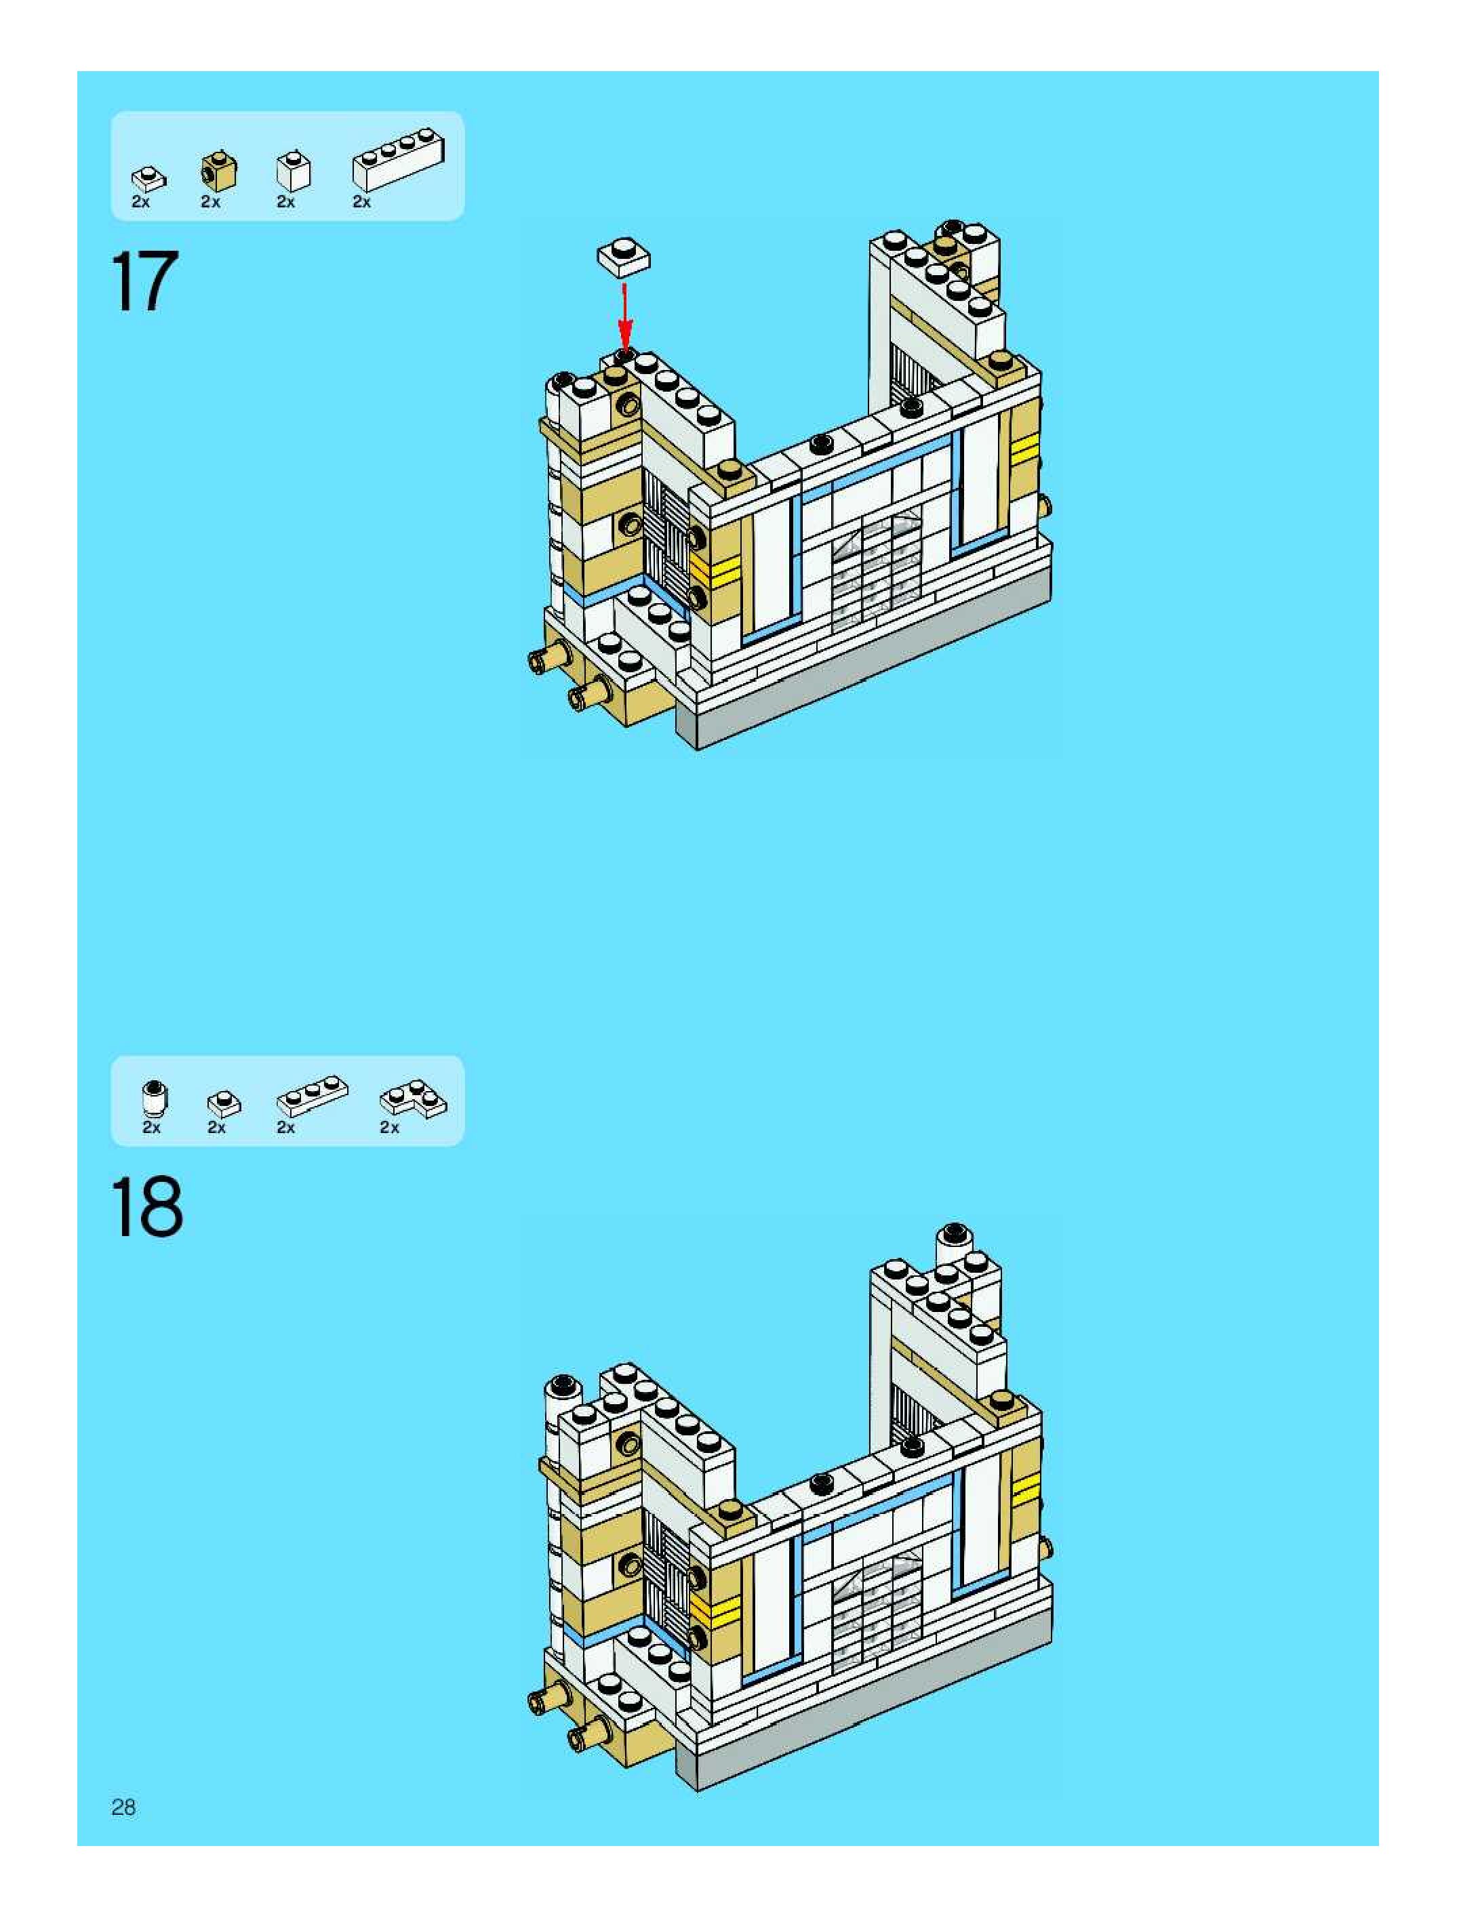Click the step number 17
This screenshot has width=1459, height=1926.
[144, 281]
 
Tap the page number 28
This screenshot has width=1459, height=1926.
[123, 1807]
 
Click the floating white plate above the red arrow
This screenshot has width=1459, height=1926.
[624, 257]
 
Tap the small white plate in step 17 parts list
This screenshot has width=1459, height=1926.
[148, 178]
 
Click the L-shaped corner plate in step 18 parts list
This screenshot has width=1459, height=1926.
[414, 1098]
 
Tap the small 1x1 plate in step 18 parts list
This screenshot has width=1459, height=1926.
[224, 1103]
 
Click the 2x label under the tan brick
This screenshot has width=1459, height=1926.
[211, 202]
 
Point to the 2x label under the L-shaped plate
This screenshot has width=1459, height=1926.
[389, 1128]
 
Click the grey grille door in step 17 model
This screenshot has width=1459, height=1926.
[875, 571]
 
